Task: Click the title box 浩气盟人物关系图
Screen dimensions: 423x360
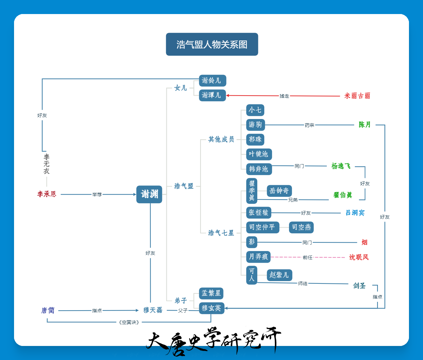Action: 212,44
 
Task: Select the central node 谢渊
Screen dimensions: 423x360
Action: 149,194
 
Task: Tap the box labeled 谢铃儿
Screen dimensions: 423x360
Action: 213,81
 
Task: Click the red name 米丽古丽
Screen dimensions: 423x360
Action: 357,96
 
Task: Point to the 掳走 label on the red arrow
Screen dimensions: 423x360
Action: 284,96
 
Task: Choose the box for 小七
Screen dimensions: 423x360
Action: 255,110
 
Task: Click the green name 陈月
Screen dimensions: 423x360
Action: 365,124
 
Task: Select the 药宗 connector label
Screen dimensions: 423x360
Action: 309,125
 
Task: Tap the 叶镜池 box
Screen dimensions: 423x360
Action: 259,154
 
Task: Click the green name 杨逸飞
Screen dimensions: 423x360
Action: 341,166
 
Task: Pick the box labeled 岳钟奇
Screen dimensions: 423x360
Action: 279,191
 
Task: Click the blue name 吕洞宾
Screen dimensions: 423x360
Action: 355,213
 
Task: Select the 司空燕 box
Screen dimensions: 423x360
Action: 301,227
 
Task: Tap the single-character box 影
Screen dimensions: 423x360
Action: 252,242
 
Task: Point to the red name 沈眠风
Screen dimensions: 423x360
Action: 359,257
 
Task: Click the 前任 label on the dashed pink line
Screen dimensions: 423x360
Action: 308,257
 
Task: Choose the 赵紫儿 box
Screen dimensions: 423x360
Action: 279,275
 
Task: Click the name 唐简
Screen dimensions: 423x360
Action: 48,310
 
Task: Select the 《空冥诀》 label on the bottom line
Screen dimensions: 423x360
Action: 129,322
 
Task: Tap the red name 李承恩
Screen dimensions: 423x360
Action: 47,194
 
